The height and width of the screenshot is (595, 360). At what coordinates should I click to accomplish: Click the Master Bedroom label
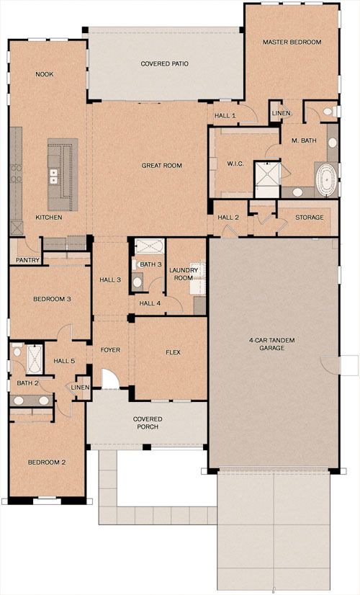coord(292,42)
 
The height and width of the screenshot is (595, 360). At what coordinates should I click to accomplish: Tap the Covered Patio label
coord(165,63)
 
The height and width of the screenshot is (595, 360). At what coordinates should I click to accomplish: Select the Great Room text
coord(161,166)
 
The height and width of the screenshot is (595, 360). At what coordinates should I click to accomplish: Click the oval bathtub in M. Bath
coord(325,179)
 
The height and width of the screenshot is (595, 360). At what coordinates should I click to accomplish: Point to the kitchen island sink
coord(54,175)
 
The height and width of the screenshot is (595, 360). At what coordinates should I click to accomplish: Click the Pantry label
coord(27,260)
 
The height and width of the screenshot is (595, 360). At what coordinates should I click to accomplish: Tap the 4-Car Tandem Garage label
coord(272,344)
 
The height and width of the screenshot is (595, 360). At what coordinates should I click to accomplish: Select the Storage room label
coord(310,218)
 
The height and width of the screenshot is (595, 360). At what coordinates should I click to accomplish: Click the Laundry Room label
coord(184,274)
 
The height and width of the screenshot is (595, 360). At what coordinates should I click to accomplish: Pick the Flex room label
coord(173,352)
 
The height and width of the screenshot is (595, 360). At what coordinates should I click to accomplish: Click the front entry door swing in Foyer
coord(110,380)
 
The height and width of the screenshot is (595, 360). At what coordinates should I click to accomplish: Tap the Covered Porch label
coord(148,423)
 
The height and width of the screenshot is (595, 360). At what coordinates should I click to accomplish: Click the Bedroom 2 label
coord(47,462)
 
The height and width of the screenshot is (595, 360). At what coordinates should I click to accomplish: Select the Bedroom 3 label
coord(52,299)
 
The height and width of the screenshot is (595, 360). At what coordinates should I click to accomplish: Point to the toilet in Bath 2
coord(17,351)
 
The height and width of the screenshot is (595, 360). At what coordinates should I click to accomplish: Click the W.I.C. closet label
coord(235,164)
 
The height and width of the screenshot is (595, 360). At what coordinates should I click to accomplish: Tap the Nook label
coord(45,74)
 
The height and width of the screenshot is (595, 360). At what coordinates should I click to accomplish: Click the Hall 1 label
coord(225,115)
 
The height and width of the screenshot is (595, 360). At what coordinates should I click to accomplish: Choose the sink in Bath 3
coord(137,282)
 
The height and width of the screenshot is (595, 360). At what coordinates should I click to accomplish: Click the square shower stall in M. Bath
coord(267,179)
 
